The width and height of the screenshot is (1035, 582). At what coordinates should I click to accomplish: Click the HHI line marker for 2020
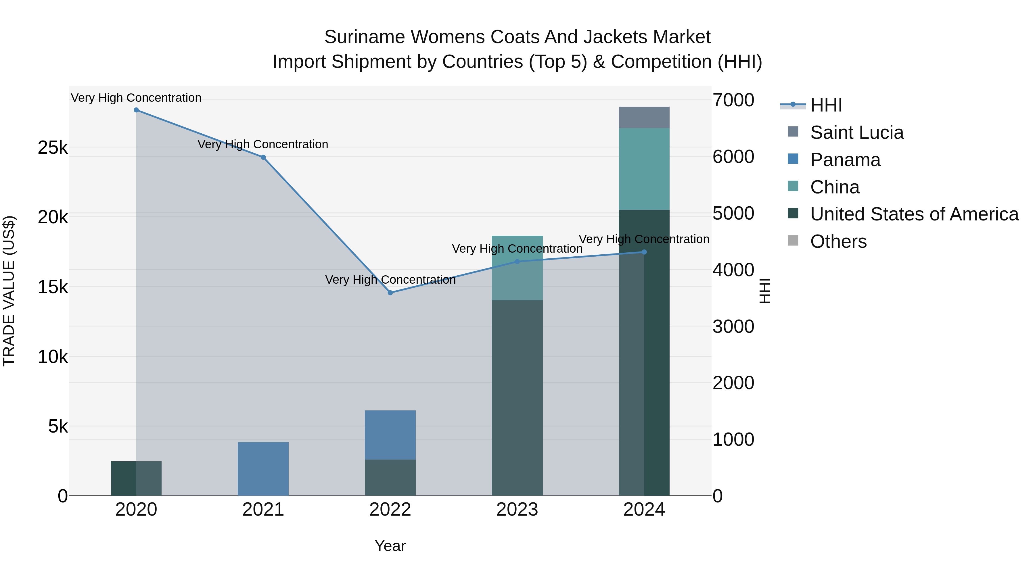pyautogui.click(x=136, y=110)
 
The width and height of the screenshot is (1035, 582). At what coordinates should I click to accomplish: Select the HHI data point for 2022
pyautogui.click(x=390, y=293)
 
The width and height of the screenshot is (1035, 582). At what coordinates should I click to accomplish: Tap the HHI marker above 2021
pyautogui.click(x=263, y=157)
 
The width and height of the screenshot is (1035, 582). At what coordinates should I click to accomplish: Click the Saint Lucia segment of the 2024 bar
pyautogui.click(x=644, y=118)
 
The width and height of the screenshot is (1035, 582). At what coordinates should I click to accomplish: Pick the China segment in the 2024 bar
pyautogui.click(x=644, y=169)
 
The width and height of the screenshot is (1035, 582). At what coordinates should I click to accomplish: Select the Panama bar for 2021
pyautogui.click(x=263, y=469)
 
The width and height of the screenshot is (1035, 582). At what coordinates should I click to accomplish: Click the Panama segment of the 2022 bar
pyautogui.click(x=390, y=435)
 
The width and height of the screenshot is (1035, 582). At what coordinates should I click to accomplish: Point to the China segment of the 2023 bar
pyautogui.click(x=517, y=268)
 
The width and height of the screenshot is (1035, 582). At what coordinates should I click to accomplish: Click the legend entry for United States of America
pyautogui.click(x=914, y=214)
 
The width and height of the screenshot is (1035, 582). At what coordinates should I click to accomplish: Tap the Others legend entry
pyautogui.click(x=838, y=241)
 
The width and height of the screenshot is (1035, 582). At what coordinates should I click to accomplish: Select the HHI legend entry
pyautogui.click(x=826, y=105)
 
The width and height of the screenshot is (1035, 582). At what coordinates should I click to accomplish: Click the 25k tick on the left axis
pyautogui.click(x=53, y=148)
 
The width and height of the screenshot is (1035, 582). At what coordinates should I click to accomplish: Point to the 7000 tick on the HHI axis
pyautogui.click(x=733, y=100)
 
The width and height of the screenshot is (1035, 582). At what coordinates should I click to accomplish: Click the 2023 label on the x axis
pyautogui.click(x=517, y=510)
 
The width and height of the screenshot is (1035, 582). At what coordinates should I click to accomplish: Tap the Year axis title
pyautogui.click(x=390, y=546)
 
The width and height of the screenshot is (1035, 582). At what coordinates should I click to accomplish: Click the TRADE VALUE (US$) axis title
pyautogui.click(x=9, y=291)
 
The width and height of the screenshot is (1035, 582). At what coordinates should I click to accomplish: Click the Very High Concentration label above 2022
pyautogui.click(x=390, y=280)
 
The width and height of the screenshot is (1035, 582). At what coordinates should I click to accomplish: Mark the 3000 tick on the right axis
pyautogui.click(x=733, y=326)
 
